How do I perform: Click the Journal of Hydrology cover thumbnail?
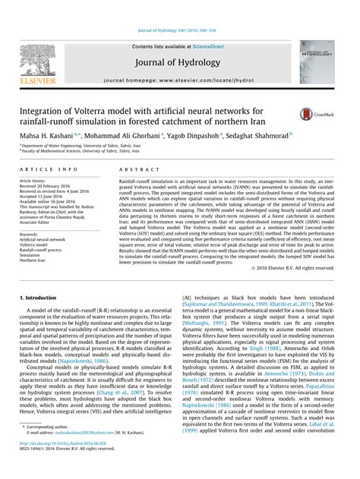coord(316,61)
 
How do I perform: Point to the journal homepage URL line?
coord(178,80)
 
